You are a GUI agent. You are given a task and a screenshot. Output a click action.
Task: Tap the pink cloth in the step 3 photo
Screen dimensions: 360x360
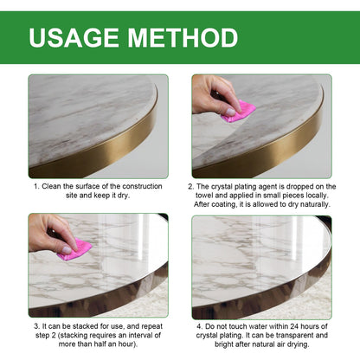point(75,249)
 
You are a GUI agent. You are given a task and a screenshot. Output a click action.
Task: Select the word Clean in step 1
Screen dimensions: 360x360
point(55,186)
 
